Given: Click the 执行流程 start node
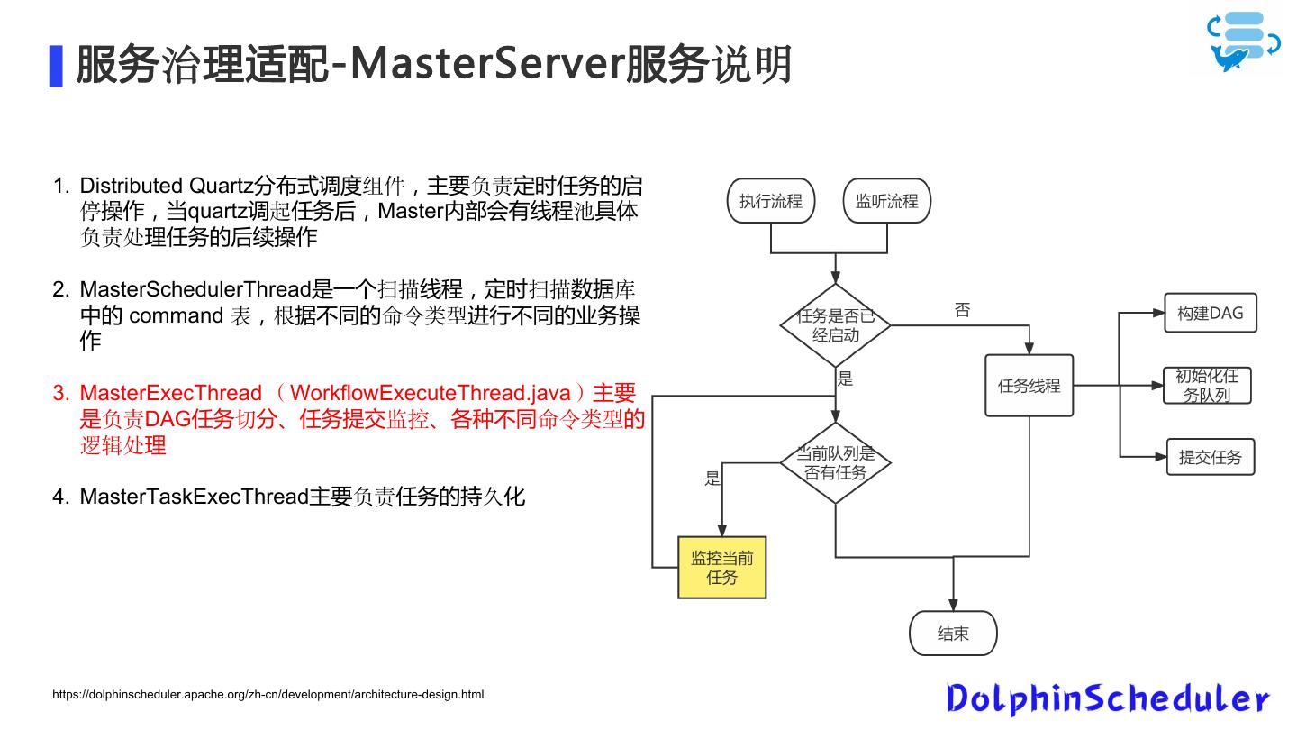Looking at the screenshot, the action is coord(771,200).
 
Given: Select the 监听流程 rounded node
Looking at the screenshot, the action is coord(886,200).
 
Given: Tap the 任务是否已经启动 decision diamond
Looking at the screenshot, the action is coord(835,325).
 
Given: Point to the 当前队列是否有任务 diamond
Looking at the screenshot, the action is coord(835,463).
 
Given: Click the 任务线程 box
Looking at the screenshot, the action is coord(1029,386).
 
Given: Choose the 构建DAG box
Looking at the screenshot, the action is coord(1211,313).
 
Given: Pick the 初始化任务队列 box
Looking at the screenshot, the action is coord(1207,386).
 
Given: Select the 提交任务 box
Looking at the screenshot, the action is coord(1211,457).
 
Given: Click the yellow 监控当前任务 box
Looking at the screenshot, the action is coord(722,567).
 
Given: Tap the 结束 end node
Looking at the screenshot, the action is coord(953,634).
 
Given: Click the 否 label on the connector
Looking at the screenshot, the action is coord(962,310).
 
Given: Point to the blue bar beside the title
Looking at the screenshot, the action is coord(56,66).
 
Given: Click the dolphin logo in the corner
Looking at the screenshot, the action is coord(1243,41).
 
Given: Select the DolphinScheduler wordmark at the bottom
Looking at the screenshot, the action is coord(1108,698).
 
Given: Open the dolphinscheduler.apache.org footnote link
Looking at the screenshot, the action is coord(268,694).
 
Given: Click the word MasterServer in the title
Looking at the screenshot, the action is coord(487,64).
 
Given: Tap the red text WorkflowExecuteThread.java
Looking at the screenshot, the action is coord(431,393).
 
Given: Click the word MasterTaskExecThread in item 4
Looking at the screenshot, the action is coord(194,497).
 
